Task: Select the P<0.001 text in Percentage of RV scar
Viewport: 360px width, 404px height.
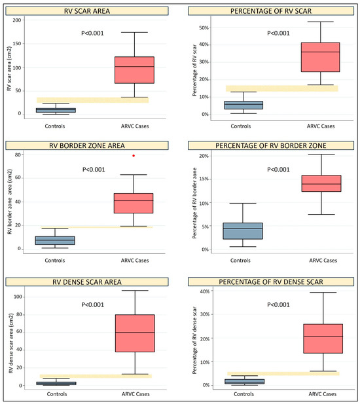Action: pyautogui.click(x=278, y=33)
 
